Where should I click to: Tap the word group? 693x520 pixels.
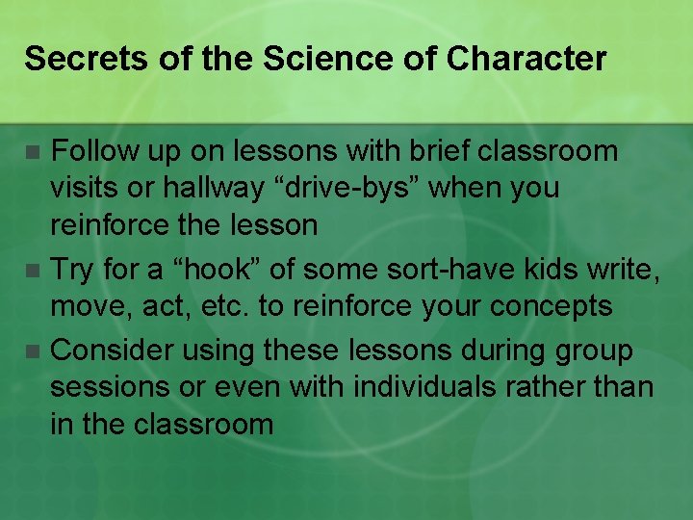point(591,351)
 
